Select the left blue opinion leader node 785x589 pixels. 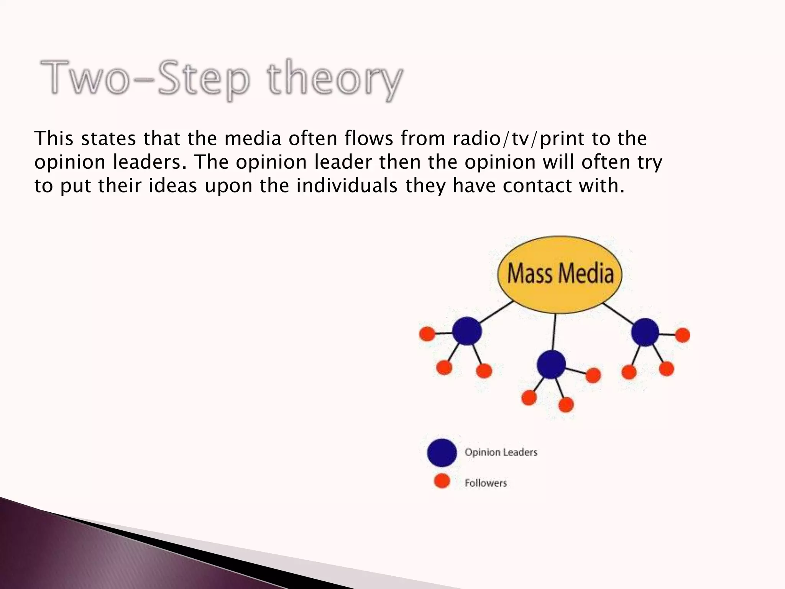pyautogui.click(x=466, y=331)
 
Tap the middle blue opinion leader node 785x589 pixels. pyautogui.click(x=551, y=364)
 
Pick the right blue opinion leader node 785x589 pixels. pyautogui.click(x=645, y=332)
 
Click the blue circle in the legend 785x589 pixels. pyautogui.click(x=442, y=452)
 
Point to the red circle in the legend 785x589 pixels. pyautogui.click(x=442, y=481)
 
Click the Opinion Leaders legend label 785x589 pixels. pyautogui.click(x=501, y=452)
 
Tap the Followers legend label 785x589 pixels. pyautogui.click(x=486, y=483)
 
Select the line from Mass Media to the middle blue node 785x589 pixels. pyautogui.click(x=554, y=332)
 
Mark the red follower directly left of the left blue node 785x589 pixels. pyautogui.click(x=427, y=334)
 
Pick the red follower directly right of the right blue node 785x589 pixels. pyautogui.click(x=683, y=335)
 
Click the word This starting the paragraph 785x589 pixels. pyautogui.click(x=54, y=138)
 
